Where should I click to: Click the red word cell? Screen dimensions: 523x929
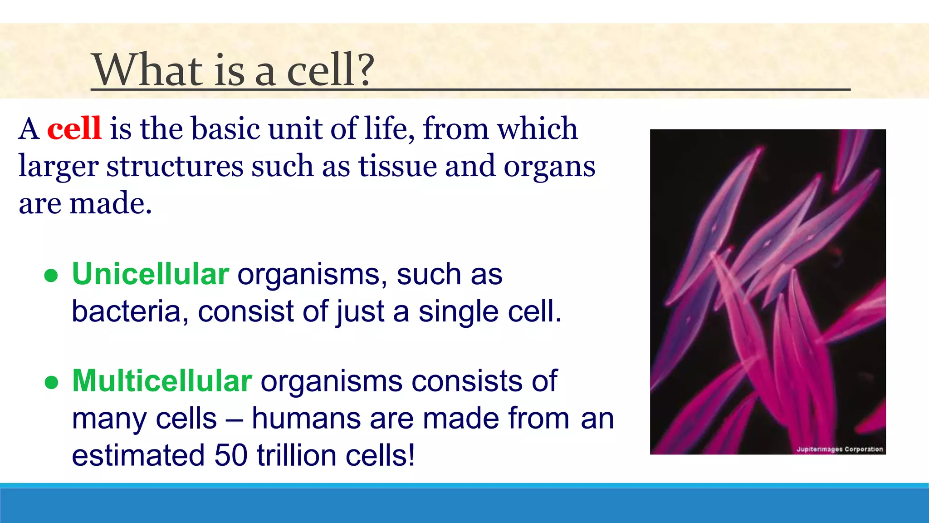coord(74,128)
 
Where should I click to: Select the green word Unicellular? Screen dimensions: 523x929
coord(150,274)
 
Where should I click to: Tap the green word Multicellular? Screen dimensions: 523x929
coord(161,380)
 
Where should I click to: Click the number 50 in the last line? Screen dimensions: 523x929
coord(231,455)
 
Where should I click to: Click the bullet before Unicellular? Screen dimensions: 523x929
coord(51,276)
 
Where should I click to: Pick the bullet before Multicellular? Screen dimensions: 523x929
coord(51,382)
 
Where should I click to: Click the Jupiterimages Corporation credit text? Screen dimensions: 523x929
coord(840,449)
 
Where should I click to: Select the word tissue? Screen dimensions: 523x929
coord(397,166)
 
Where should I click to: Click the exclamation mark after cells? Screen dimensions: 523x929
coord(411,455)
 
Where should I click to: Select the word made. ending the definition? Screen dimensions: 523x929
coord(110,203)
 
